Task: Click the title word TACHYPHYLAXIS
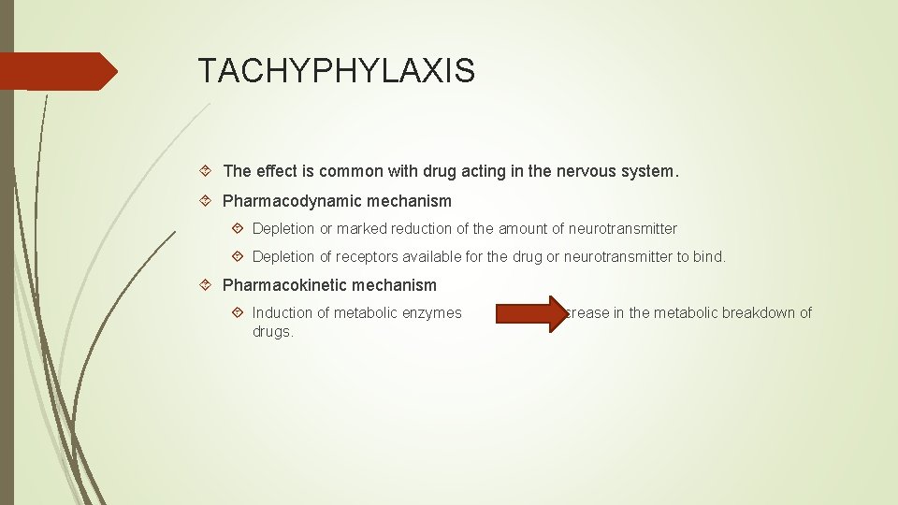(336, 70)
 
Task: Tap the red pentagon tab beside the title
(56, 71)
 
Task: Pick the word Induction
(283, 313)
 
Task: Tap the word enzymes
(433, 313)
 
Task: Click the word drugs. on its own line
(273, 332)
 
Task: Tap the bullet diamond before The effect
(209, 171)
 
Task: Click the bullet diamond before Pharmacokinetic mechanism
(209, 285)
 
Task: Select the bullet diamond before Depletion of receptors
(239, 257)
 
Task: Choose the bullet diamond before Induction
(239, 313)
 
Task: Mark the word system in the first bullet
(649, 171)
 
